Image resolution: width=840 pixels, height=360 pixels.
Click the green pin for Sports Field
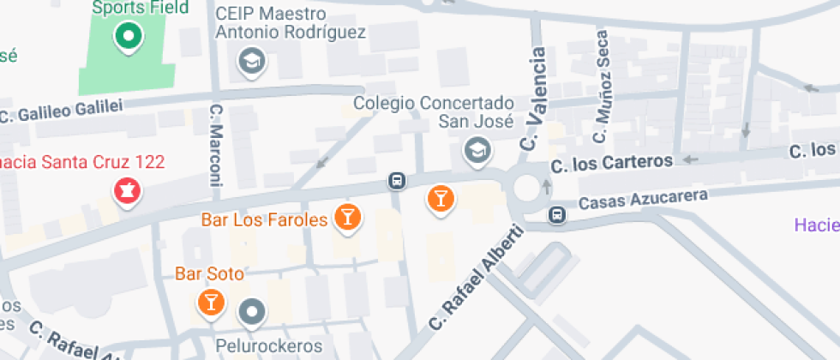129,37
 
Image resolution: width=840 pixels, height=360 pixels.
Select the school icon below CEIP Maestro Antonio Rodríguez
251,61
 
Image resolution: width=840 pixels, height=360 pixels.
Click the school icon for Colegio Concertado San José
475,152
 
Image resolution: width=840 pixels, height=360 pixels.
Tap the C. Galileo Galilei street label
62,110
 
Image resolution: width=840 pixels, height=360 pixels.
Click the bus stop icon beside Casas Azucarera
557,214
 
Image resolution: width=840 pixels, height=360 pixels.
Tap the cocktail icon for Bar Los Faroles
347,216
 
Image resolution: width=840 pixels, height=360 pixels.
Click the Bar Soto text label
209,274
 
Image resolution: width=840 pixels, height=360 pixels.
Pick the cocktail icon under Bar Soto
210,302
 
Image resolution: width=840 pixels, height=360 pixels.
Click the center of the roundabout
529,185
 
